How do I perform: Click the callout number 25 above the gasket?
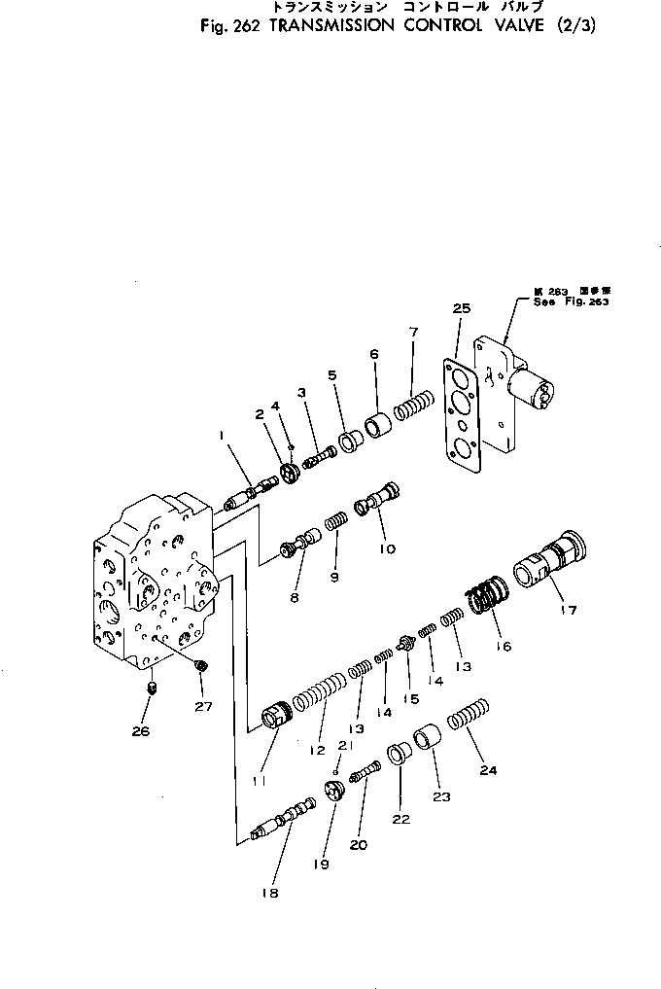[462, 308]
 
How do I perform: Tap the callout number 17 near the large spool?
[569, 611]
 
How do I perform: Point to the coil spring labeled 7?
[416, 400]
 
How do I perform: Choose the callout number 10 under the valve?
[387, 548]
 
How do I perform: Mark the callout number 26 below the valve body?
[141, 731]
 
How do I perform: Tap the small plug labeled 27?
[200, 665]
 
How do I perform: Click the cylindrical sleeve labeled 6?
[377, 425]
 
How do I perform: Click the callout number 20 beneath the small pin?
[359, 845]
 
